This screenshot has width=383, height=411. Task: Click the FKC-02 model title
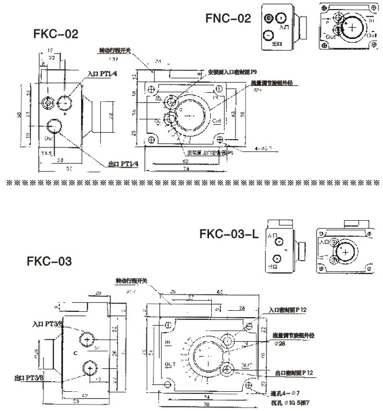coord(55,33)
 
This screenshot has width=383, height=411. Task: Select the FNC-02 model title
coord(228,19)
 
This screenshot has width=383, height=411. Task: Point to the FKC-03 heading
coord(49,261)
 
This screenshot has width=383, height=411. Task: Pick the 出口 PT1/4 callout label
coord(123,163)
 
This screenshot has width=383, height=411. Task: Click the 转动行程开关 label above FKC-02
coord(115,51)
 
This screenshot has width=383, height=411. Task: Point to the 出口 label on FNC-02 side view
coord(277,43)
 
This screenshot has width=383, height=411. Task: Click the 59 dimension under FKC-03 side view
coord(74,401)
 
